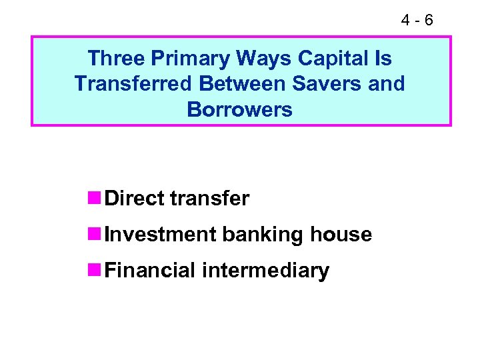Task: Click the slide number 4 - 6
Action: [417, 20]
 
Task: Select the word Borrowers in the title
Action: [239, 109]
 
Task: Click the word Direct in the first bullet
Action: [135, 198]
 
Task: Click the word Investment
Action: [161, 235]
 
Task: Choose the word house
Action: [341, 235]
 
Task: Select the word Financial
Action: [151, 271]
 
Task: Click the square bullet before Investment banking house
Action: [94, 235]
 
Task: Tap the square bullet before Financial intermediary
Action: [94, 271]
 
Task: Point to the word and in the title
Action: [386, 84]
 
